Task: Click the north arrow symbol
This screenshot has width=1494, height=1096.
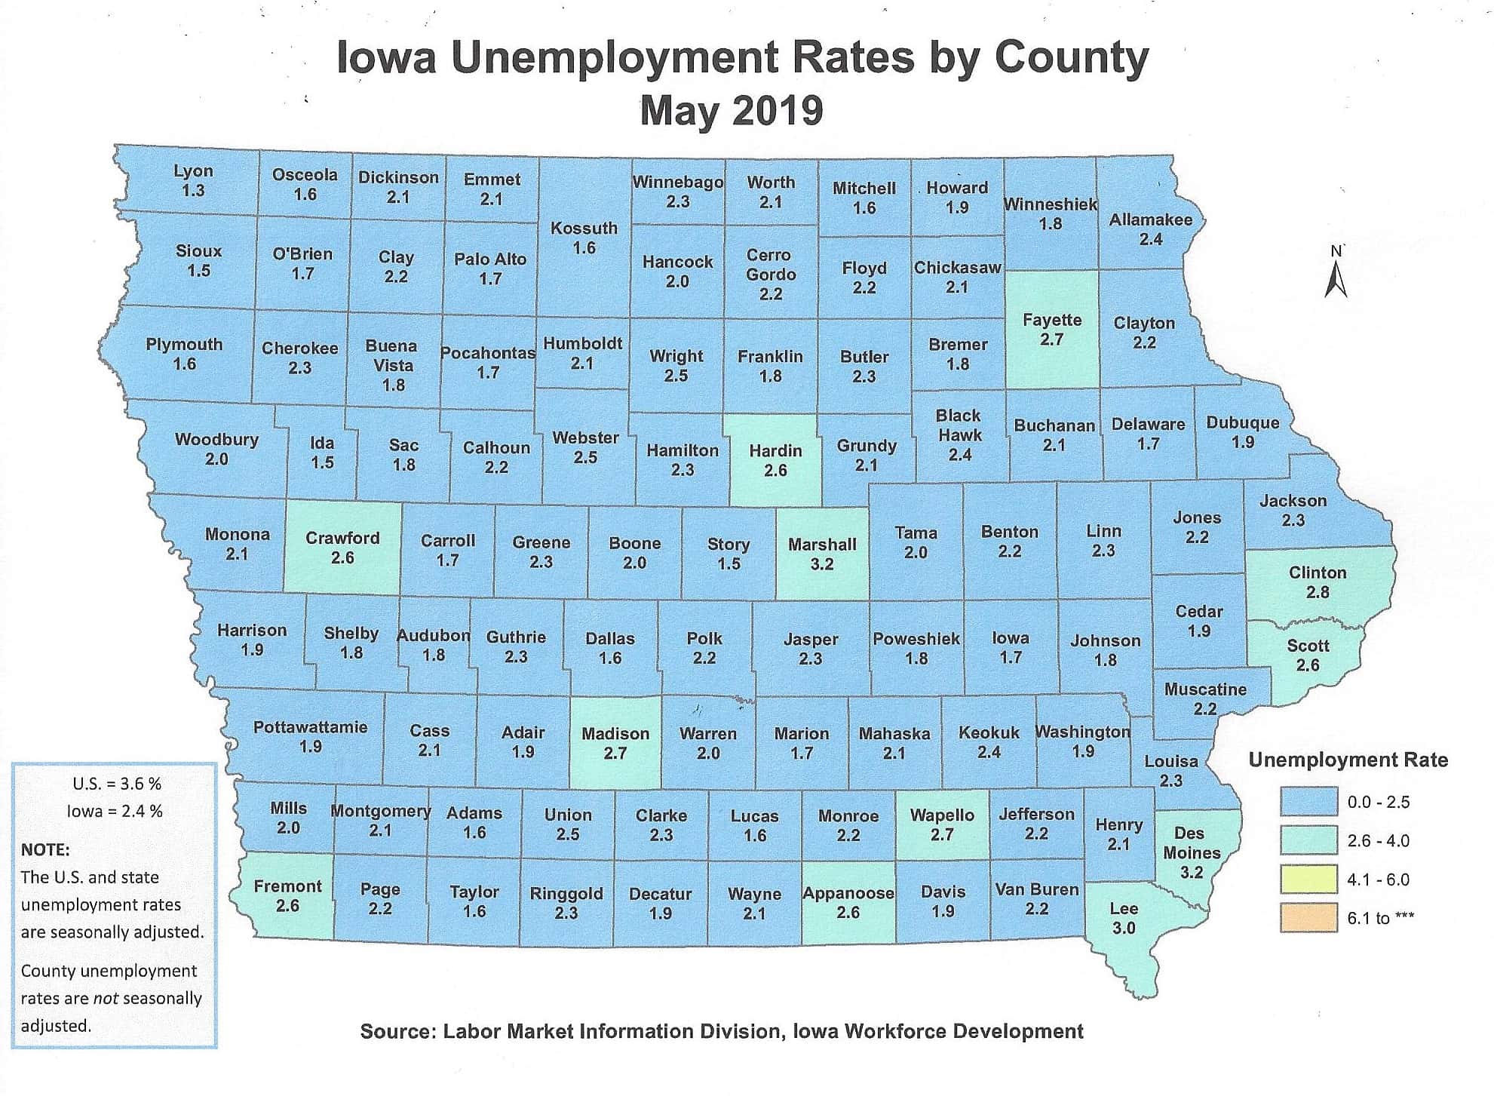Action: [1336, 275]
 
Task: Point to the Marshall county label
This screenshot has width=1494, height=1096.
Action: [822, 545]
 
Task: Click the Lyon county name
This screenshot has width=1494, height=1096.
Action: [193, 171]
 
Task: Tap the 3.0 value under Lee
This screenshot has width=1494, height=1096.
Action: [1124, 929]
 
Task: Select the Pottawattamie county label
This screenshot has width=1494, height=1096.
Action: [310, 727]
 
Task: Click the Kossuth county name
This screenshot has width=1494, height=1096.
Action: [584, 229]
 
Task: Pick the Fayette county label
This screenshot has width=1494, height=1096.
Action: [1051, 320]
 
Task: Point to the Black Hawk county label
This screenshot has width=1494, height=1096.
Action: [959, 425]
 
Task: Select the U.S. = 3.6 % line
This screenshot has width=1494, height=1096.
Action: [117, 784]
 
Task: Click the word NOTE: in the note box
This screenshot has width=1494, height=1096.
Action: [45, 849]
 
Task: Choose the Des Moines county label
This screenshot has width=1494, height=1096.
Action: [1191, 843]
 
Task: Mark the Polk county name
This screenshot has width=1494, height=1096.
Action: [704, 639]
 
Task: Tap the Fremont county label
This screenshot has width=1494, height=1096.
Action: [287, 886]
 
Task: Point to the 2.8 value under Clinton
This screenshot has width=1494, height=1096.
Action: [1318, 592]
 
